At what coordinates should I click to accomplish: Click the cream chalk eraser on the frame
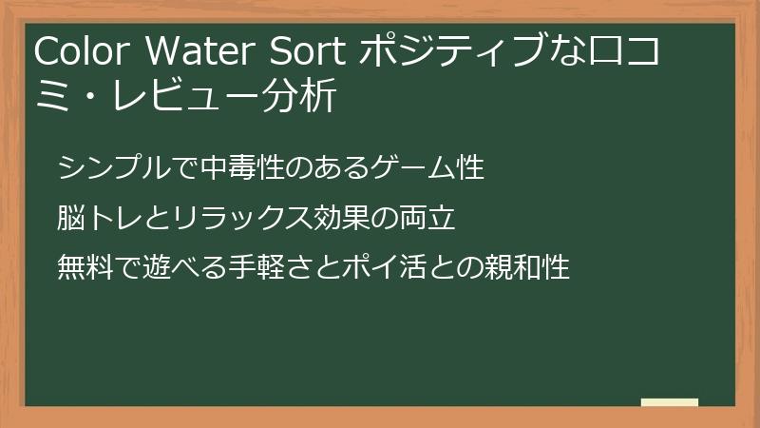point(669,402)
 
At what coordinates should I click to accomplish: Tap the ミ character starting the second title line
point(49,96)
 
